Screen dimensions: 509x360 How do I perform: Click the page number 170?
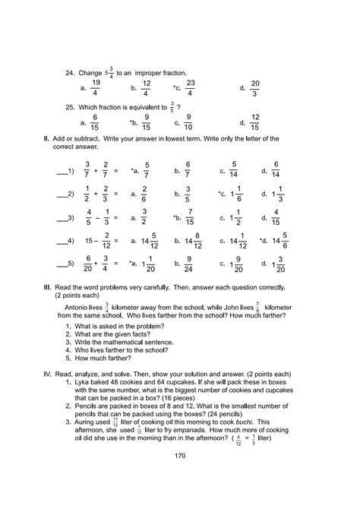179,477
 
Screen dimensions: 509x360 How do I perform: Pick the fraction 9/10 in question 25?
188,122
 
